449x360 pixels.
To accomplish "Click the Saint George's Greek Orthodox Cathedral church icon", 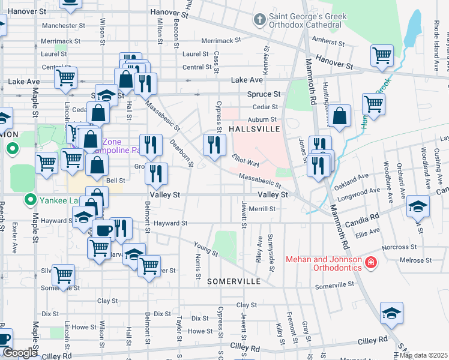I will coord(259,20).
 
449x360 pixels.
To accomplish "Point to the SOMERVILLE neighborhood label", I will coord(234,281).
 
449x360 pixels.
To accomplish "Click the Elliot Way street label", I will coord(246,160).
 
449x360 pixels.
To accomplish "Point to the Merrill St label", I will coord(263,209).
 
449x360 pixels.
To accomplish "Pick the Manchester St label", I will coord(64,26).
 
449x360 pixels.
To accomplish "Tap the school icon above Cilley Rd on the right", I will coord(391,313).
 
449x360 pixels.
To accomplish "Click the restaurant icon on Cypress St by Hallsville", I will coord(214,145).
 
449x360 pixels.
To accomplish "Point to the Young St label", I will coord(205,248).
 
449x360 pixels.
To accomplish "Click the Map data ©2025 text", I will coord(423,355).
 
